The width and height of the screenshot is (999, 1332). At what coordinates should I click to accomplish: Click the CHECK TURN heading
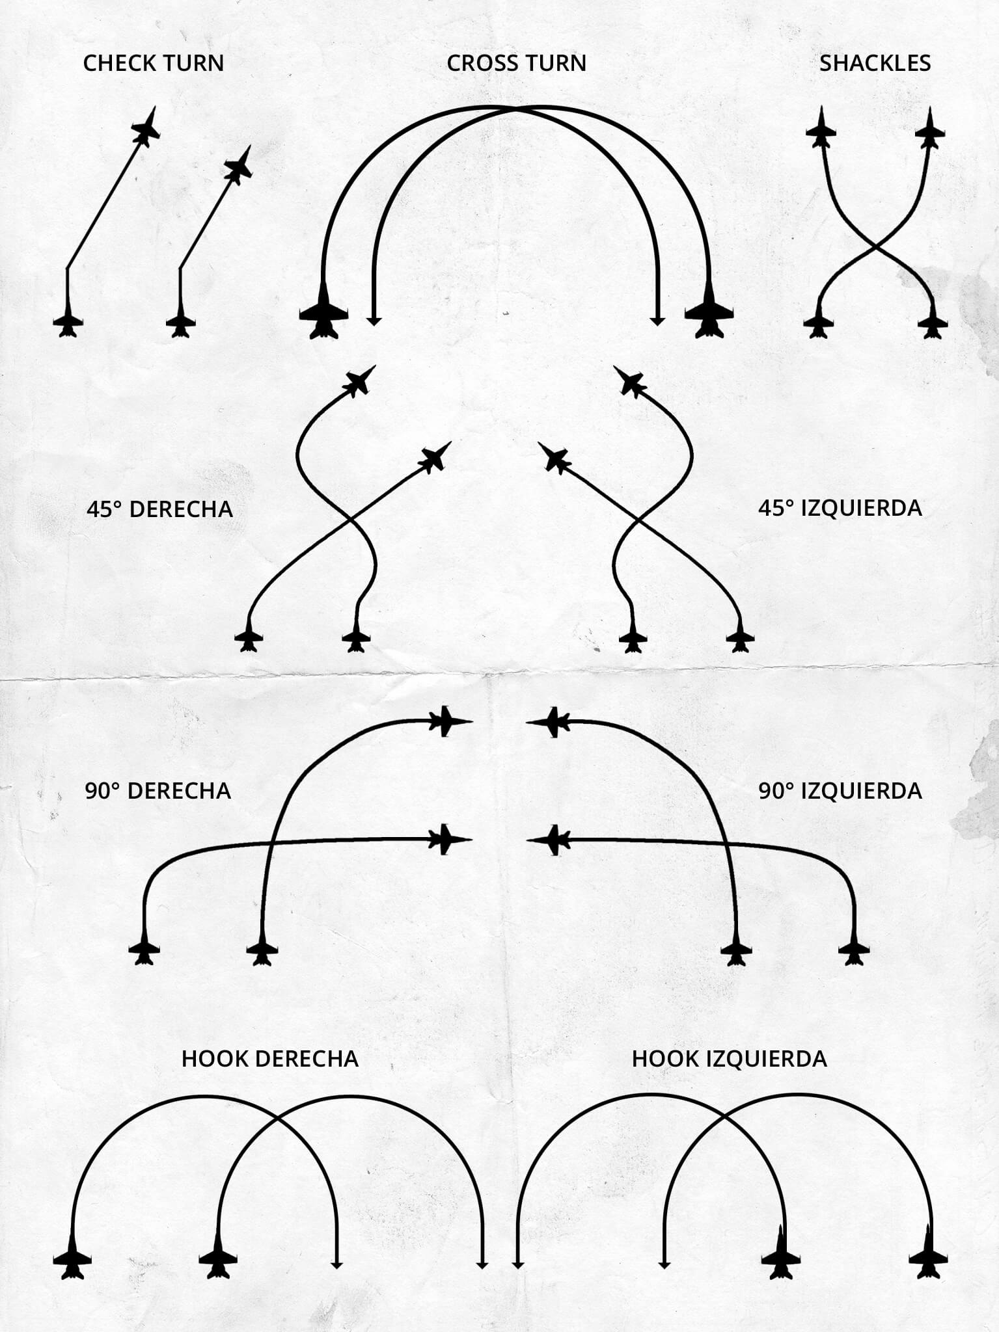click(x=154, y=63)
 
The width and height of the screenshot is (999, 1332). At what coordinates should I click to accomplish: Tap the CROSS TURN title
click(x=516, y=63)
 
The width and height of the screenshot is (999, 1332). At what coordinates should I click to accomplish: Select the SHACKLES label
click(x=875, y=63)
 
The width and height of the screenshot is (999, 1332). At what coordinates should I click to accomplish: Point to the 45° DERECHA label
click(x=159, y=509)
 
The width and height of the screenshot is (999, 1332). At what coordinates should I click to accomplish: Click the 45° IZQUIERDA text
click(x=840, y=508)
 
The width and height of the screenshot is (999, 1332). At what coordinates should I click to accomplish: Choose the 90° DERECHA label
click(x=158, y=791)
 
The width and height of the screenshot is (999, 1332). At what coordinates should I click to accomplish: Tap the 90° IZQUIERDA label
click(x=840, y=791)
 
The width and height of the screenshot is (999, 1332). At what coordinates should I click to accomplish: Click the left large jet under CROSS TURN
click(x=323, y=314)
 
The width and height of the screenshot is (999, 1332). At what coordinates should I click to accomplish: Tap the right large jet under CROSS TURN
click(x=709, y=314)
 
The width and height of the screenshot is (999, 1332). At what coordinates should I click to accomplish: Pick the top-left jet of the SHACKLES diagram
click(x=821, y=129)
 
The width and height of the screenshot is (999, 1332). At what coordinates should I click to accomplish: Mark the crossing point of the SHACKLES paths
click(x=876, y=247)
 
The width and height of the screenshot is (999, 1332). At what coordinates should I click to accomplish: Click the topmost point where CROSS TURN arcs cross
click(x=517, y=110)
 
